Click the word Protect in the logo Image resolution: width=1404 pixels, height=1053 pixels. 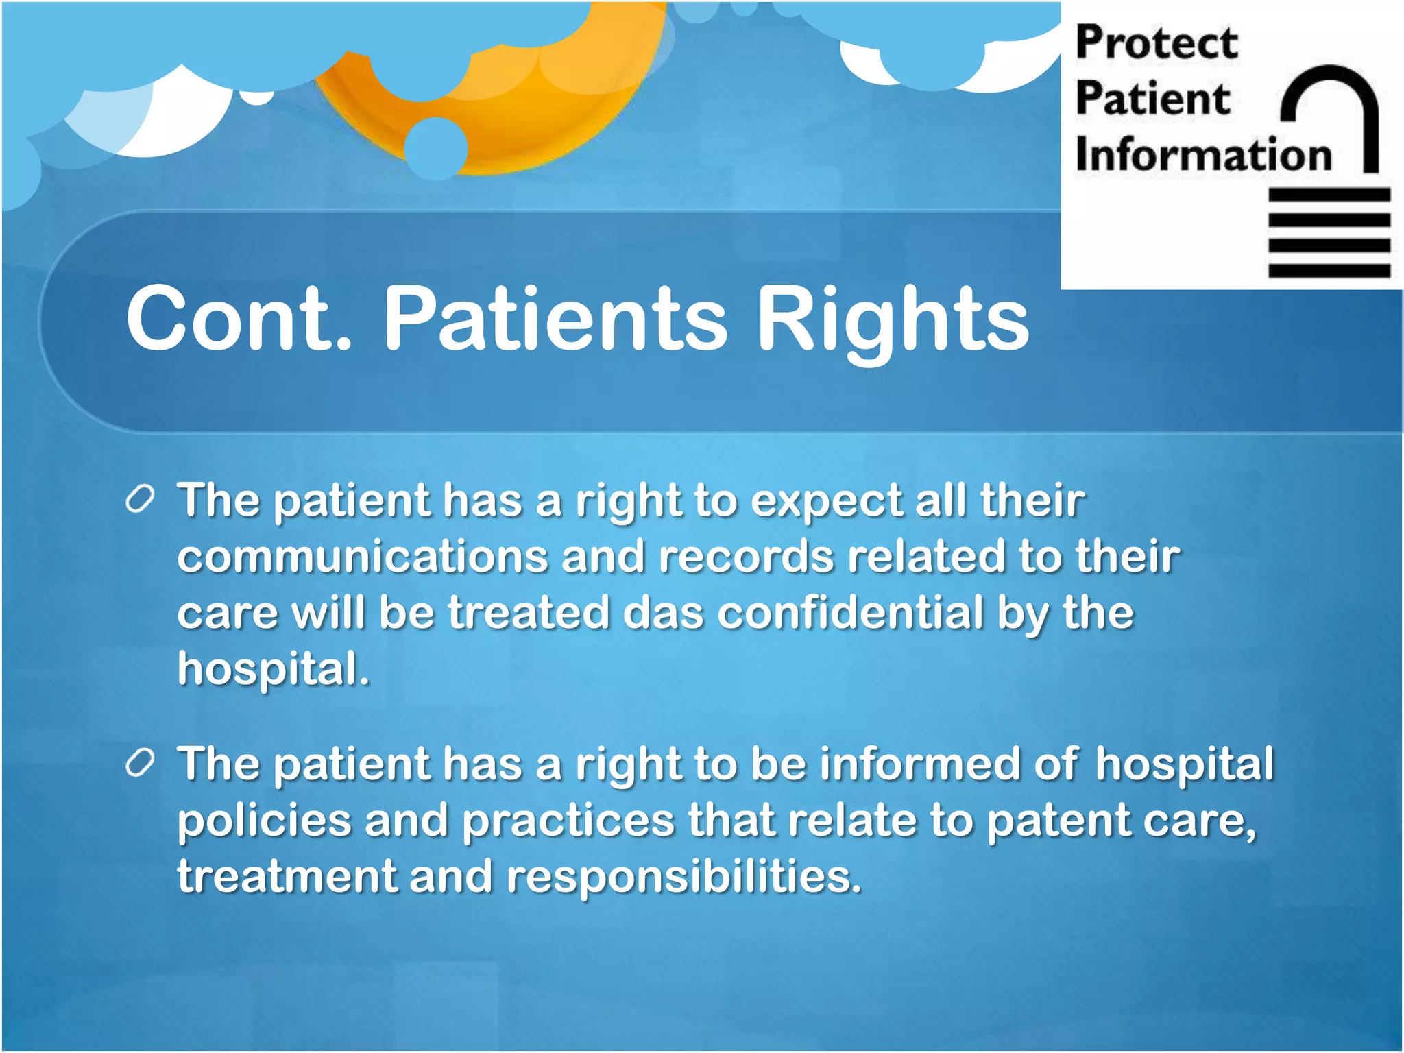[x=1157, y=43]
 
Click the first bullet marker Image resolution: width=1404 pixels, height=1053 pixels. [x=140, y=500]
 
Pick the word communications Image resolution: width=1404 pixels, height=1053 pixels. [x=363, y=556]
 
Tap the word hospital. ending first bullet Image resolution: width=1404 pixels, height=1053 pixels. [x=274, y=669]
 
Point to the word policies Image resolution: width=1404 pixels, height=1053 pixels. [x=264, y=821]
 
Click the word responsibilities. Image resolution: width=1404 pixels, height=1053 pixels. [x=683, y=877]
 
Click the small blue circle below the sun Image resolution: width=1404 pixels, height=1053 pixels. [x=436, y=147]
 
